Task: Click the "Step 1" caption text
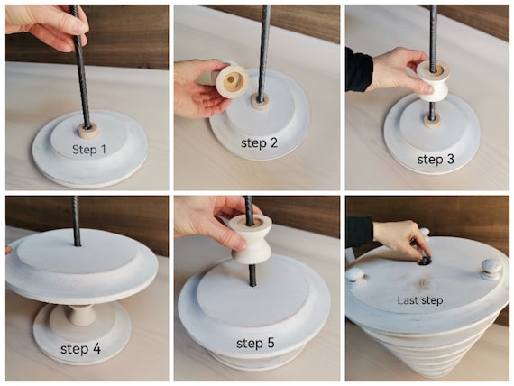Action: (x=89, y=150)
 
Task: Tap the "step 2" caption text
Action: (x=259, y=143)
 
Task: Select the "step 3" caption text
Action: (x=436, y=160)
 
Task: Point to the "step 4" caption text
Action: (x=80, y=348)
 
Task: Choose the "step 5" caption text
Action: (x=255, y=344)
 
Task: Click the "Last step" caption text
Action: (x=420, y=300)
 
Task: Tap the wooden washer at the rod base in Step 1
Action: (x=87, y=131)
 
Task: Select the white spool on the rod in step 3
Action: (x=432, y=80)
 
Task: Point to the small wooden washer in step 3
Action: (x=432, y=121)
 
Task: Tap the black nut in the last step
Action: (x=424, y=261)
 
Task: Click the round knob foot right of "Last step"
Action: (x=491, y=269)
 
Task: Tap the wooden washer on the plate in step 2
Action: (x=261, y=101)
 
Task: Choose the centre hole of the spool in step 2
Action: (x=231, y=79)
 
